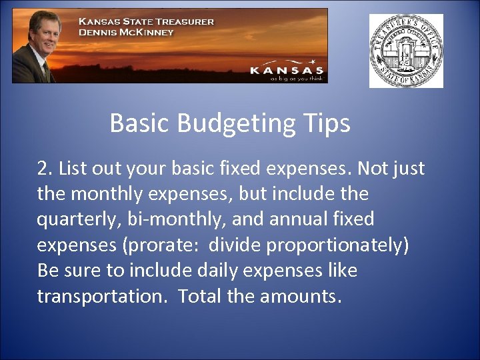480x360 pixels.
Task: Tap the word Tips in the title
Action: [327, 124]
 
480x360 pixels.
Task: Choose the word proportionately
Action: [336, 245]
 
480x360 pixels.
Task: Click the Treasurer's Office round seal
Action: [406, 51]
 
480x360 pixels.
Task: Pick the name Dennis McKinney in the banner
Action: [126, 32]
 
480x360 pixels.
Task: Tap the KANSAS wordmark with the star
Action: [287, 69]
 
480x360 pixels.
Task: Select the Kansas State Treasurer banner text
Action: [146, 21]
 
